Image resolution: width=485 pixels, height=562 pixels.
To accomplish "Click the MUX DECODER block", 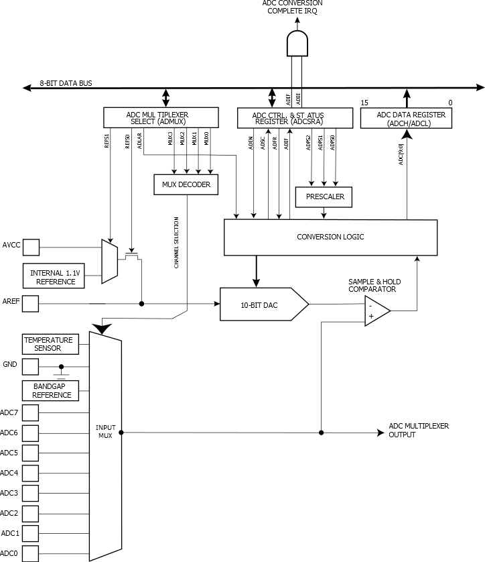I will point(186,184).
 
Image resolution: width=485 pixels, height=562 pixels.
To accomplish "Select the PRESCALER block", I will point(324,197).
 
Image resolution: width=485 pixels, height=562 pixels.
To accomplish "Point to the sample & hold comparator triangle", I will point(376,311).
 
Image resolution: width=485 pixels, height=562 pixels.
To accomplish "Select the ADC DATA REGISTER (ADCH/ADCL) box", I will point(407,118).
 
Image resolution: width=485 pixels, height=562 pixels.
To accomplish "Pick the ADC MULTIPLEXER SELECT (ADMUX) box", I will point(162,117).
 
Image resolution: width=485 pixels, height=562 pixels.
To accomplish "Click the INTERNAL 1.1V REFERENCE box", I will point(54,276).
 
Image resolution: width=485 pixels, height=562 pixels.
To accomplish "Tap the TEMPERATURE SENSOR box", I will point(48,344).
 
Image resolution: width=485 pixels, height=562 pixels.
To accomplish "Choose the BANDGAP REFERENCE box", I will point(48,390).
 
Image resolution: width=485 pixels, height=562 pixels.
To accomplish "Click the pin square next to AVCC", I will point(31,246).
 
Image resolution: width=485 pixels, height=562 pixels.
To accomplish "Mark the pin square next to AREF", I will point(31,304).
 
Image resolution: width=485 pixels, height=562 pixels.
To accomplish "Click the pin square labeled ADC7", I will point(31,412).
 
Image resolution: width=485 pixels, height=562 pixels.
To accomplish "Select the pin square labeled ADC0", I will point(31,553).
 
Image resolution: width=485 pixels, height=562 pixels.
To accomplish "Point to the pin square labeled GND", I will point(31,366).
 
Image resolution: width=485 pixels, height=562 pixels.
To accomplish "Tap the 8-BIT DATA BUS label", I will point(66,83).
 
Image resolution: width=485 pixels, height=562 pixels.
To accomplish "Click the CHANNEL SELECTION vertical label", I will point(176,243).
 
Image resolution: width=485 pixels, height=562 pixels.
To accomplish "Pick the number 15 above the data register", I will point(364,103).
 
